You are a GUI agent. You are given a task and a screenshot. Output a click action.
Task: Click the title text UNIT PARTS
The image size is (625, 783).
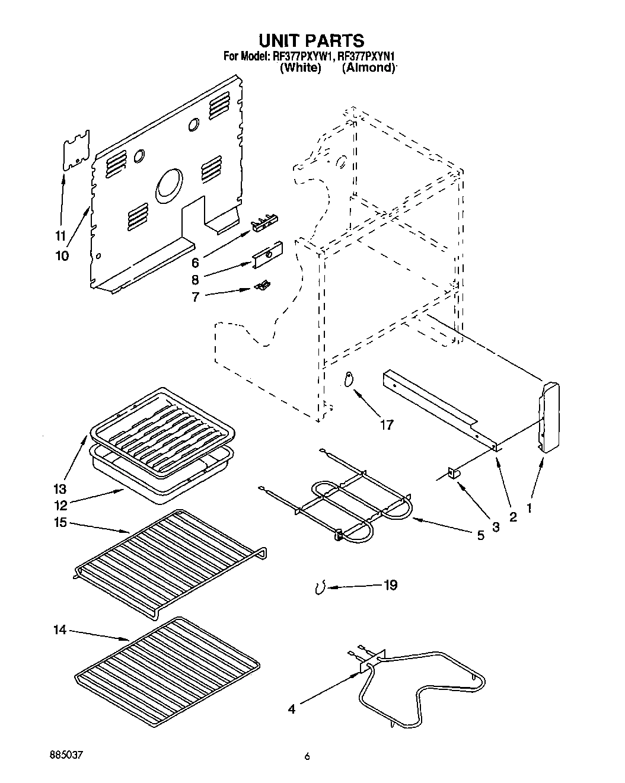point(311,40)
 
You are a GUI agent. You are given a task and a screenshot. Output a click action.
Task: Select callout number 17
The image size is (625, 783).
point(387,425)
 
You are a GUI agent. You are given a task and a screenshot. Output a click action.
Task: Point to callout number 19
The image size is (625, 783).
point(390,586)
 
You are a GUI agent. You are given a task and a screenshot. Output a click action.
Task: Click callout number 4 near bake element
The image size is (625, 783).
point(292,708)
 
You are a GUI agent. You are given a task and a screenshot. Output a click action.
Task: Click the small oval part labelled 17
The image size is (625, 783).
point(349,380)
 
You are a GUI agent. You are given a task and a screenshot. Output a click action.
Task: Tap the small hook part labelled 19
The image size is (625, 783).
point(320,588)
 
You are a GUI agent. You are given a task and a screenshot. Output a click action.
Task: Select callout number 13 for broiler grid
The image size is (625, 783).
point(61,490)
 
